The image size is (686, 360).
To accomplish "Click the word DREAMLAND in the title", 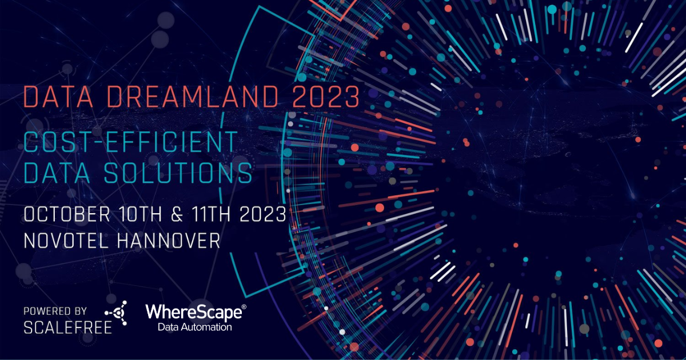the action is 193,97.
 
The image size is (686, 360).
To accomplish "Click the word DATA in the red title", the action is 58,97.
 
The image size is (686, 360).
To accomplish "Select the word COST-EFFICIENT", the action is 131,142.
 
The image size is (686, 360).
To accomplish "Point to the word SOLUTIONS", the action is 178,173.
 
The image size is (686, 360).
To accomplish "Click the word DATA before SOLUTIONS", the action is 57,173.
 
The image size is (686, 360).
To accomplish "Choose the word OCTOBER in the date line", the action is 67,214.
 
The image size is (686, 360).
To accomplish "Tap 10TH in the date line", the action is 140,214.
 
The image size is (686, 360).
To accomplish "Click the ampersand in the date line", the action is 177,214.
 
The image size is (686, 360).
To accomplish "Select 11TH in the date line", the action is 211,214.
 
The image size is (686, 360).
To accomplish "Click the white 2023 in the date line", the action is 263,214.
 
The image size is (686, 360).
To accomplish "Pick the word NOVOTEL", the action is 66,241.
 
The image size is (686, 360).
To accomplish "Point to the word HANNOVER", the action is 169,241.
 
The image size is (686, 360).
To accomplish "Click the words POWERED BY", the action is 55,311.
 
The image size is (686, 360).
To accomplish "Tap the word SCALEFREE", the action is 67,328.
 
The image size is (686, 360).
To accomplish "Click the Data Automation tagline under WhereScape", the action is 195,327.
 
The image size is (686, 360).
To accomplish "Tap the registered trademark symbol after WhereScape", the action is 244,307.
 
